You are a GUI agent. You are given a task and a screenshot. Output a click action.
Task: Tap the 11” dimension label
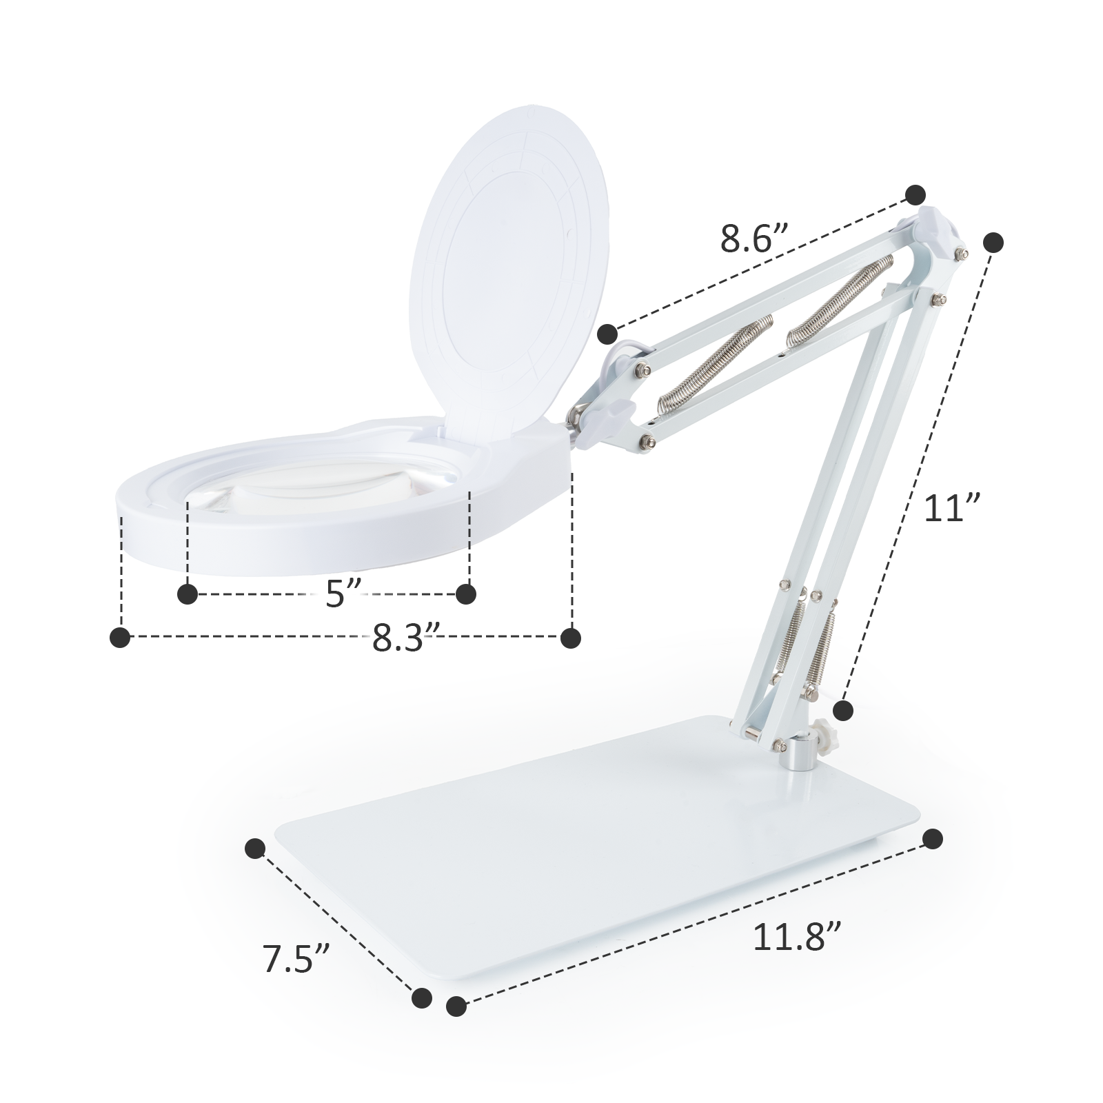click(952, 509)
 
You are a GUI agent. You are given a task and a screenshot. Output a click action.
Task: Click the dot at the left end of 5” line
click(188, 594)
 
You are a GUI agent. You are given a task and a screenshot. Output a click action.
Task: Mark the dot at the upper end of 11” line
click(993, 243)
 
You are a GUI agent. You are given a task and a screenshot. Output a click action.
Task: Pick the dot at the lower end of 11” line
click(843, 709)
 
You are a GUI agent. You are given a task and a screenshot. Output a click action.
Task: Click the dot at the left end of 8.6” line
click(607, 334)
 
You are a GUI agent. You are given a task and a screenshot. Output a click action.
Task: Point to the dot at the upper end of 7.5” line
click(255, 849)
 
